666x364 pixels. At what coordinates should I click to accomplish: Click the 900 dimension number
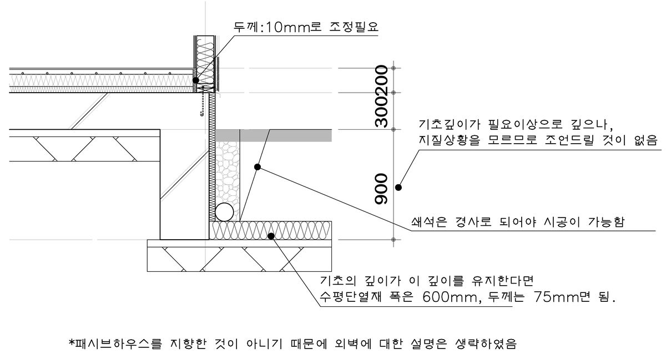(381, 188)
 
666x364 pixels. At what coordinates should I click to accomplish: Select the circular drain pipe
(225, 211)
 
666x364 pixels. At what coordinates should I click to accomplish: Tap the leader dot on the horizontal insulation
(271, 236)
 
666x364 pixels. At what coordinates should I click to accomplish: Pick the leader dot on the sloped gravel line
(257, 166)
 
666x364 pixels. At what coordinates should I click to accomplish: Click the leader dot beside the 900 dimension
(398, 188)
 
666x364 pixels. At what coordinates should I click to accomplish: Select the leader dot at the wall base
(196, 80)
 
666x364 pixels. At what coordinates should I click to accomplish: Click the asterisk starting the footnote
(71, 343)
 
